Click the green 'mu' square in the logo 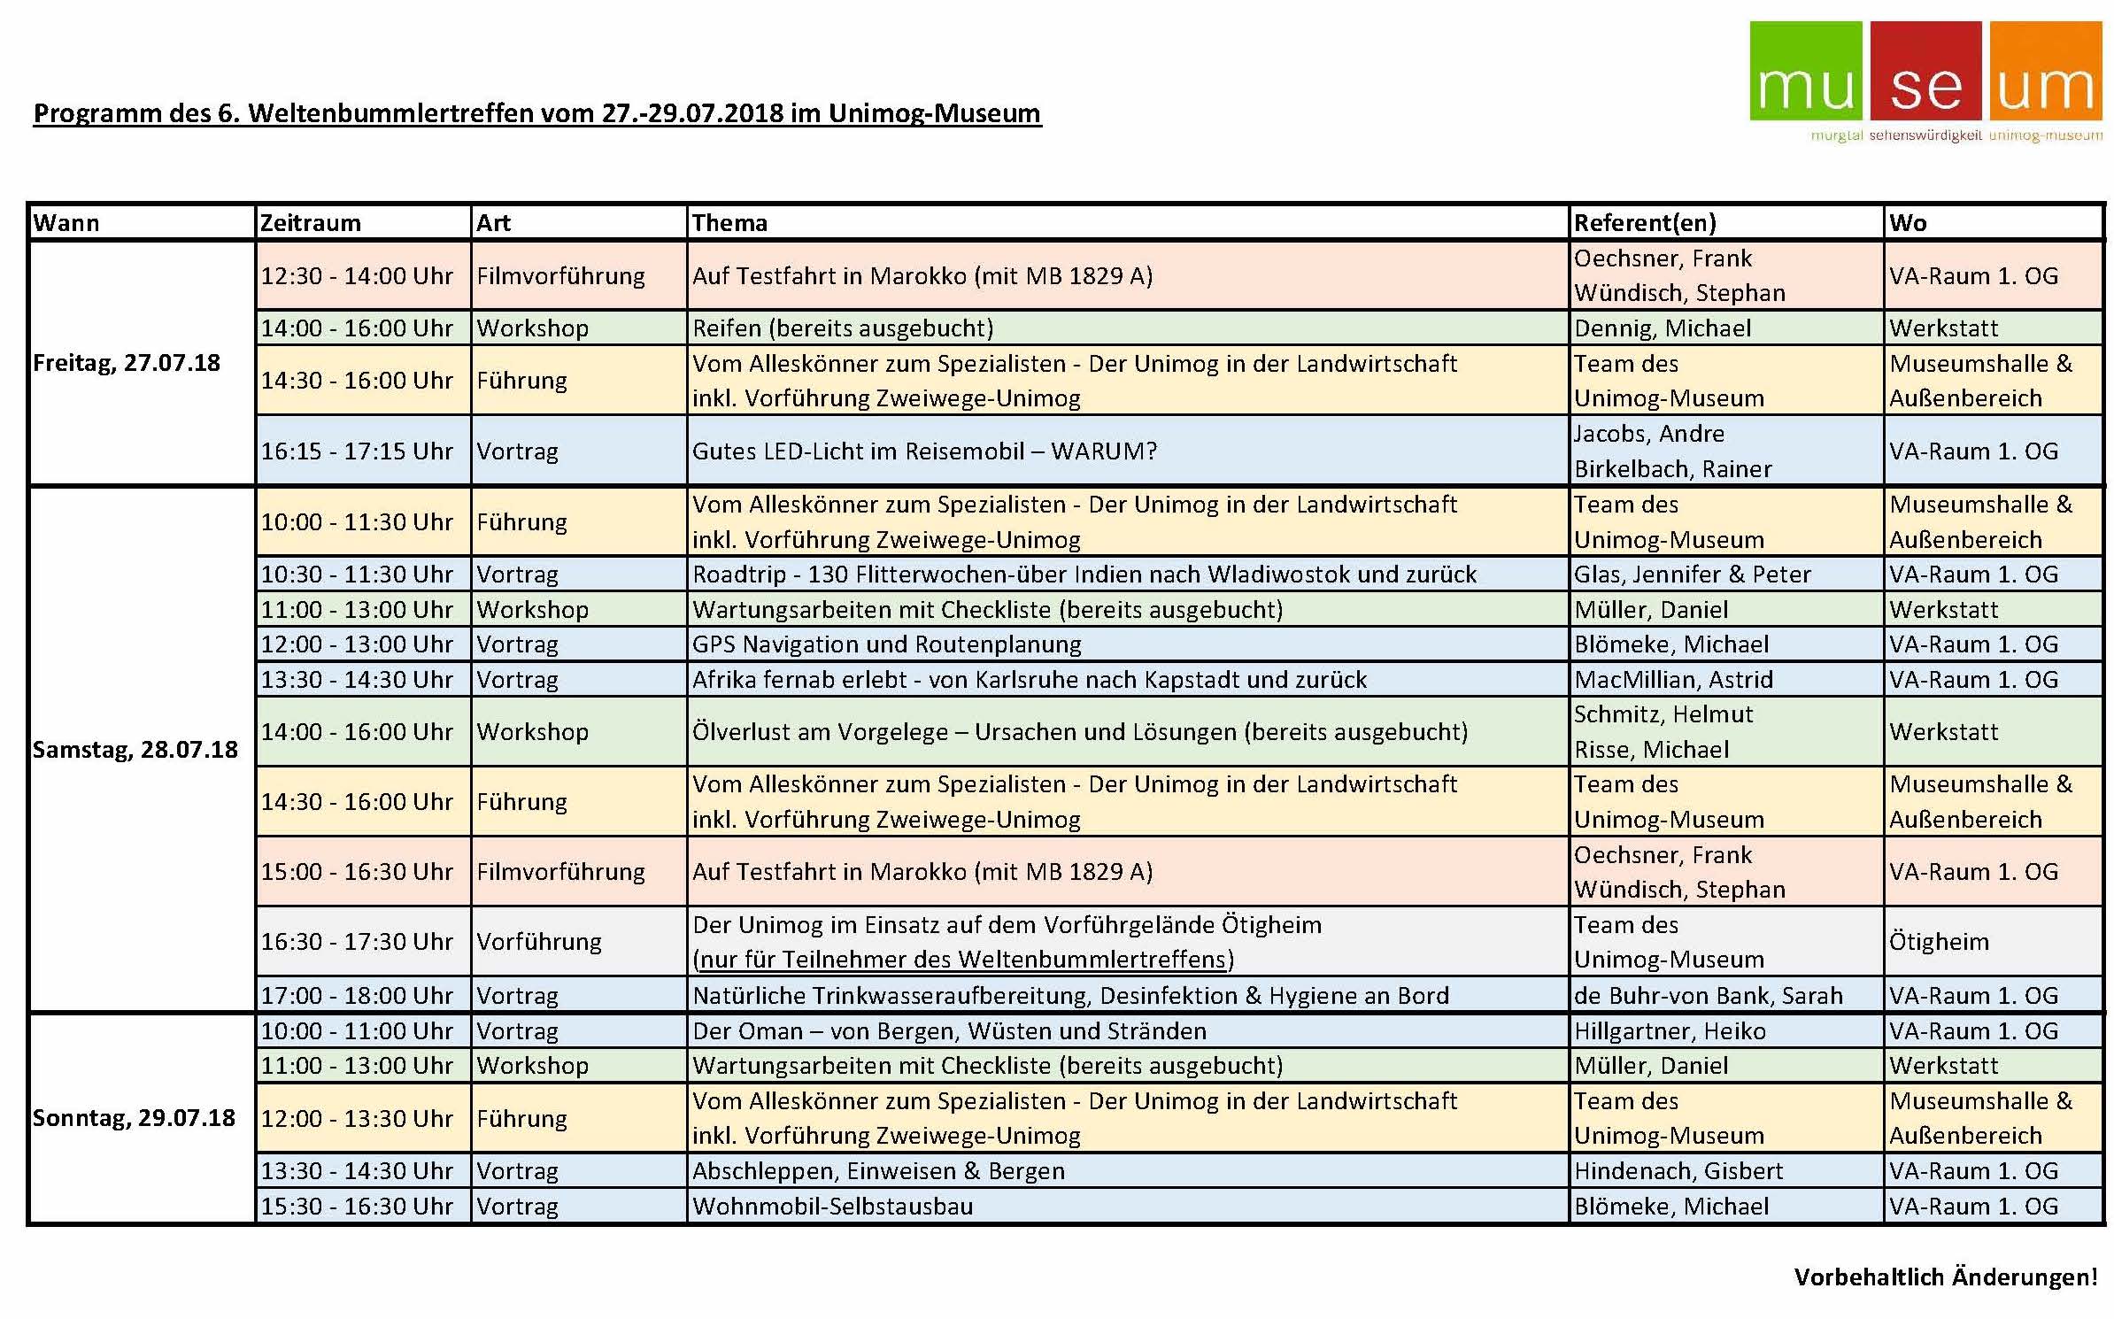click(x=1805, y=71)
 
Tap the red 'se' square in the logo click(x=1925, y=71)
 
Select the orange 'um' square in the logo click(x=2045, y=71)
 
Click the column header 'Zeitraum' click(x=311, y=223)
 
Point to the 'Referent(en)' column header click(x=1645, y=223)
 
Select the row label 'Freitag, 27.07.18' click(x=127, y=363)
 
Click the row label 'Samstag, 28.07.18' click(x=135, y=750)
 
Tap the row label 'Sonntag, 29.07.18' click(x=134, y=1118)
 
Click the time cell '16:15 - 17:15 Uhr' click(x=356, y=451)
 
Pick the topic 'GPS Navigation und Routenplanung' click(x=886, y=644)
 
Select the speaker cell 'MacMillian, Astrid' click(x=1673, y=680)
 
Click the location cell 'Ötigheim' click(x=1939, y=942)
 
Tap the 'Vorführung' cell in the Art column click(x=539, y=942)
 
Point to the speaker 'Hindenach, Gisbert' click(x=1678, y=1171)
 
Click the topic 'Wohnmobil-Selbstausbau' click(x=832, y=1207)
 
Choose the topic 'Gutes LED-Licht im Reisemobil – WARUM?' click(x=924, y=451)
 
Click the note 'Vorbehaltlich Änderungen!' click(x=1945, y=1277)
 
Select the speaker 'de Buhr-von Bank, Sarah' click(x=1708, y=996)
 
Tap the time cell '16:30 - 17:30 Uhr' click(x=356, y=942)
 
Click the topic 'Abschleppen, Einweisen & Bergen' click(x=878, y=1171)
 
